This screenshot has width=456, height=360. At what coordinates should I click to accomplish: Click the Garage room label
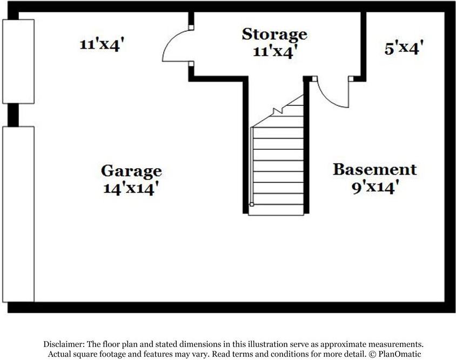pyautogui.click(x=131, y=171)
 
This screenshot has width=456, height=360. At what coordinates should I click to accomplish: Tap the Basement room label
pyautogui.click(x=374, y=169)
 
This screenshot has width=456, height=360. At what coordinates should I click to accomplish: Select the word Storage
pyautogui.click(x=274, y=35)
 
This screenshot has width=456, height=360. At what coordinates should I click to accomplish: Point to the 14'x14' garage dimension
pyautogui.click(x=131, y=188)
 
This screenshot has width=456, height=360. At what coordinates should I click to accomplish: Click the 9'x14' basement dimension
pyautogui.click(x=374, y=187)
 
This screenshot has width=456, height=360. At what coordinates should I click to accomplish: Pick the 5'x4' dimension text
pyautogui.click(x=404, y=48)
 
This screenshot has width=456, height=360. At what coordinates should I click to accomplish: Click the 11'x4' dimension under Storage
pyautogui.click(x=275, y=51)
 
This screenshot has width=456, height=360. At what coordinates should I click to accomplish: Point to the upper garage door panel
pyautogui.click(x=18, y=62)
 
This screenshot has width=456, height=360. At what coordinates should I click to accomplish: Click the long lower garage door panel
pyautogui.click(x=18, y=214)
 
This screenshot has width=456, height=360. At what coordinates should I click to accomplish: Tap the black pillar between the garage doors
pyautogui.click(x=13, y=115)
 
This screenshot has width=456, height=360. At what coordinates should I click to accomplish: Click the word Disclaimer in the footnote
pyautogui.click(x=64, y=344)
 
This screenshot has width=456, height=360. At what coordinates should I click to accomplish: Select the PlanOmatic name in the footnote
pyautogui.click(x=400, y=354)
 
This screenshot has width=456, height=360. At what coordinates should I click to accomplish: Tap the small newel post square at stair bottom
pyautogui.click(x=252, y=204)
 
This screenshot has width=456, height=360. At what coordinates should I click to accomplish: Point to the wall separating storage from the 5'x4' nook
pyautogui.click(x=364, y=46)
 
